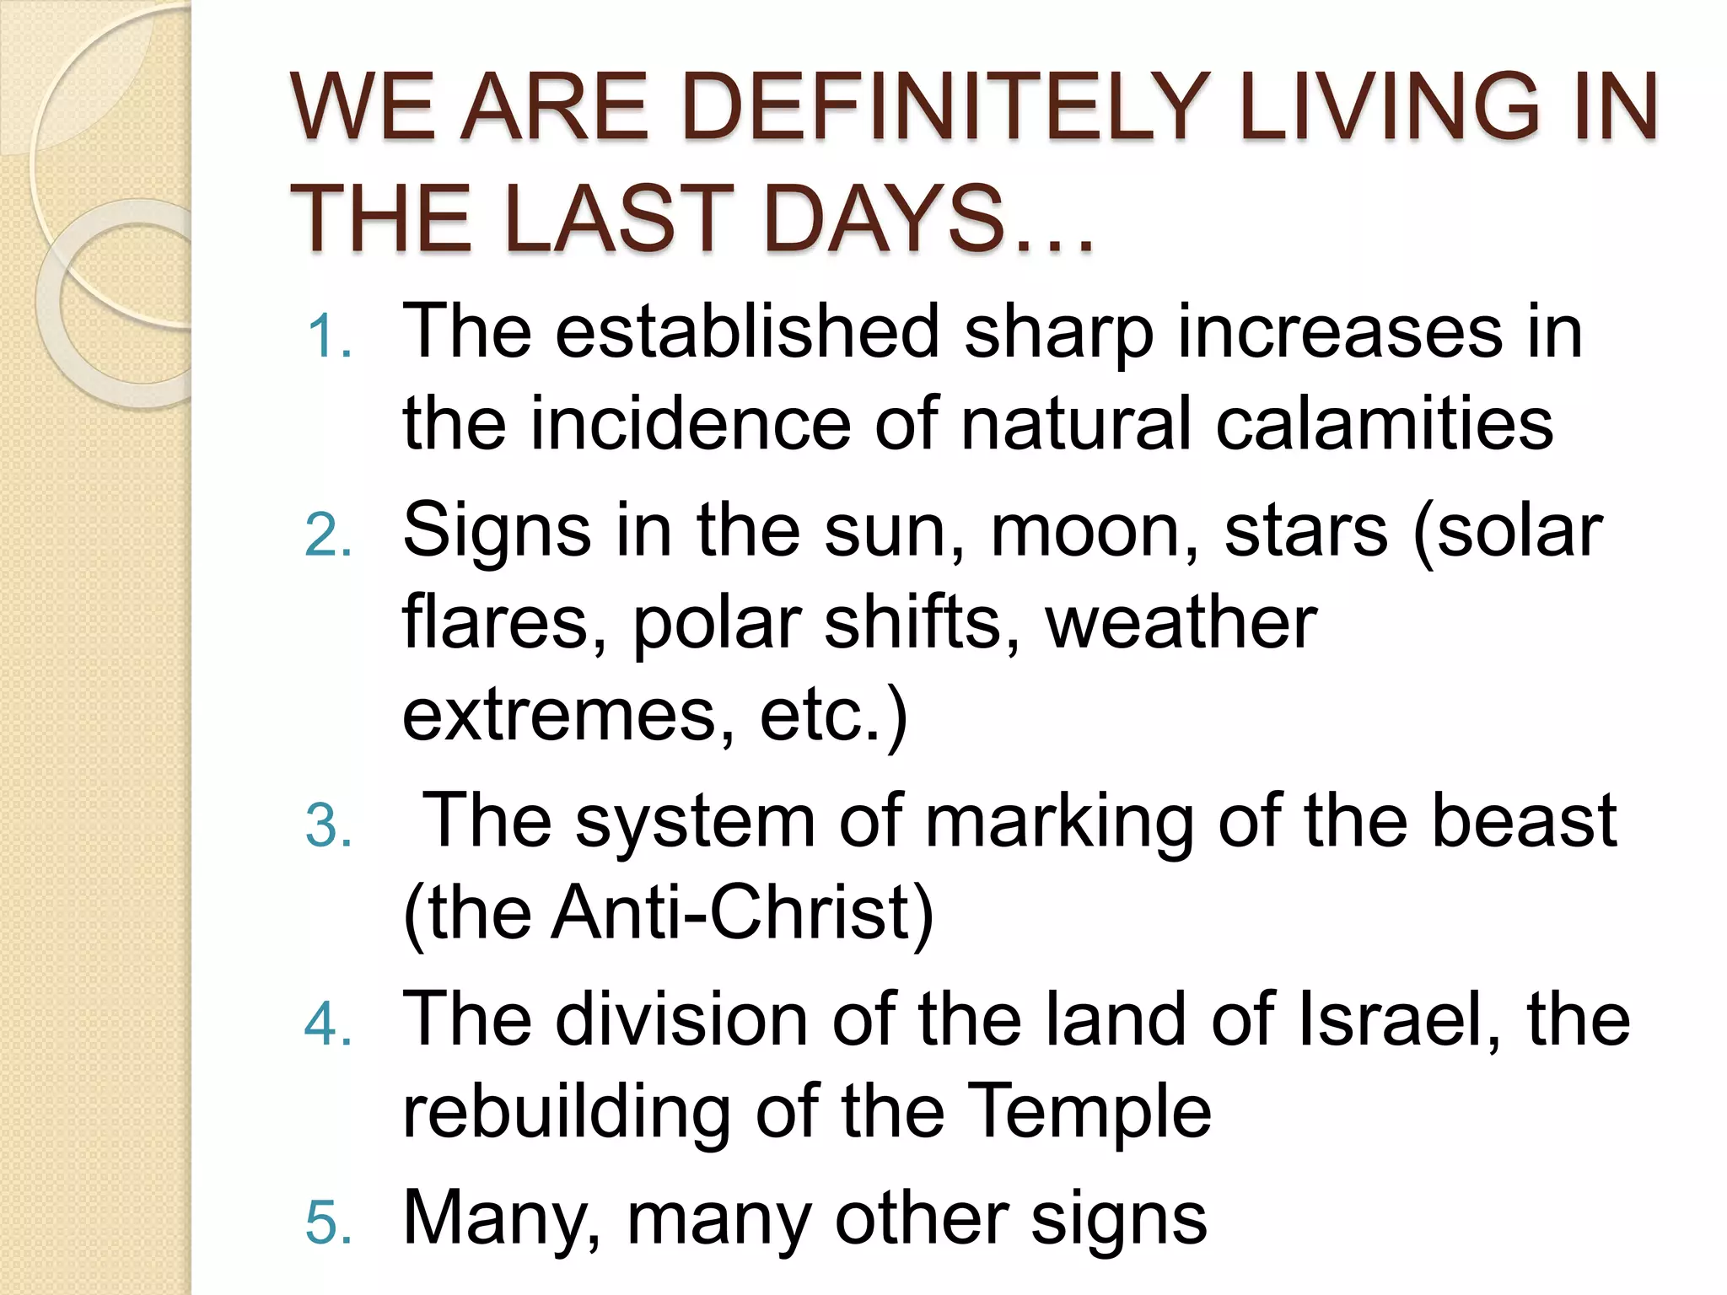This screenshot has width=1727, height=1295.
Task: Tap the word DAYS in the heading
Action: click(x=884, y=219)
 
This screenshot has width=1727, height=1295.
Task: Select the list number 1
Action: click(x=328, y=337)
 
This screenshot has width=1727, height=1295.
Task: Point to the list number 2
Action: click(x=328, y=536)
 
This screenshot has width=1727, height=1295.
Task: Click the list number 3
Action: click(x=328, y=825)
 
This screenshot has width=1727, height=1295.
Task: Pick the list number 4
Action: click(x=328, y=1025)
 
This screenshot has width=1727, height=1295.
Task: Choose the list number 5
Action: click(x=328, y=1223)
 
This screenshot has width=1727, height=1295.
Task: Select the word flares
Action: click(x=504, y=624)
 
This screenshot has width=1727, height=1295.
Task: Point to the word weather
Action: click(x=1181, y=624)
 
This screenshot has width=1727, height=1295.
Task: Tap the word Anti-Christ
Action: click(x=742, y=913)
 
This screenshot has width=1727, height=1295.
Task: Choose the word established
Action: click(x=747, y=331)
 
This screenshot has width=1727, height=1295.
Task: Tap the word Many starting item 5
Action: click(x=503, y=1219)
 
